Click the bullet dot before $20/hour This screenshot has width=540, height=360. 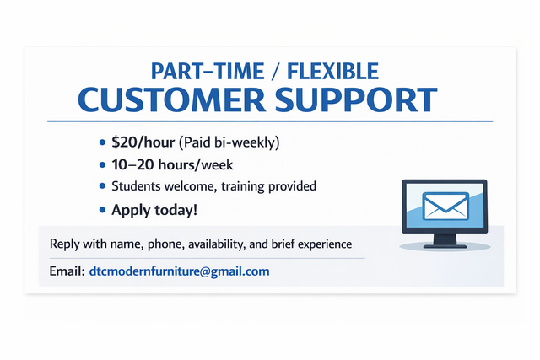click(x=103, y=142)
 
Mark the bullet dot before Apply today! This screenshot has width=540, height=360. click(x=103, y=209)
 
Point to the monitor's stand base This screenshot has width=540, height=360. click(x=444, y=245)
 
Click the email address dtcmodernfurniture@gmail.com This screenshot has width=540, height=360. click(x=179, y=271)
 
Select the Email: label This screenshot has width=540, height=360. click(x=67, y=271)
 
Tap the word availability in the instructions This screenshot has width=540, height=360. click(x=211, y=244)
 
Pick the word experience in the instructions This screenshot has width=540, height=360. click(x=322, y=244)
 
